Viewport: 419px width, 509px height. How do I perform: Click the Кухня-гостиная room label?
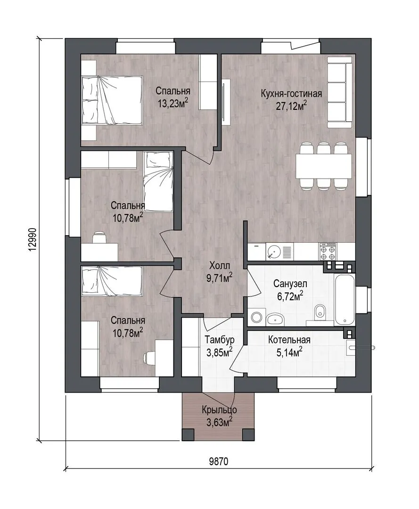click(291, 94)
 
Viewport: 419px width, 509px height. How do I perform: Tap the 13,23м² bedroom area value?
click(173, 104)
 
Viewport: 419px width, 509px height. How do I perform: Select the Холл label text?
click(220, 265)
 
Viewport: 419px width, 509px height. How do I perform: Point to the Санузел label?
click(290, 283)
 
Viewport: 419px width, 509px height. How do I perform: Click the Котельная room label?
click(289, 340)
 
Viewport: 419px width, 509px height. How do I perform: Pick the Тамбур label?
click(220, 340)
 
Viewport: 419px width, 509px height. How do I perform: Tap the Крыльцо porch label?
click(219, 410)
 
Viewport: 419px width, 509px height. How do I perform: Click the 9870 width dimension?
click(219, 461)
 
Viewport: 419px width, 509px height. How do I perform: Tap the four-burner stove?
click(328, 252)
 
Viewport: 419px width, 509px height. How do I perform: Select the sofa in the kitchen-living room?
click(339, 92)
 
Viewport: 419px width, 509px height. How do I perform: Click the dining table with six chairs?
click(324, 165)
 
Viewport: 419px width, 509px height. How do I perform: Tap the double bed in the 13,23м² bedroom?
click(112, 100)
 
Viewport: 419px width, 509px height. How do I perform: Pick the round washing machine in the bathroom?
click(257, 318)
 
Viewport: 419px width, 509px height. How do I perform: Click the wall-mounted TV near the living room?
click(226, 102)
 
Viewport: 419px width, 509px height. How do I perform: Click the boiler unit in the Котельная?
click(351, 348)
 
